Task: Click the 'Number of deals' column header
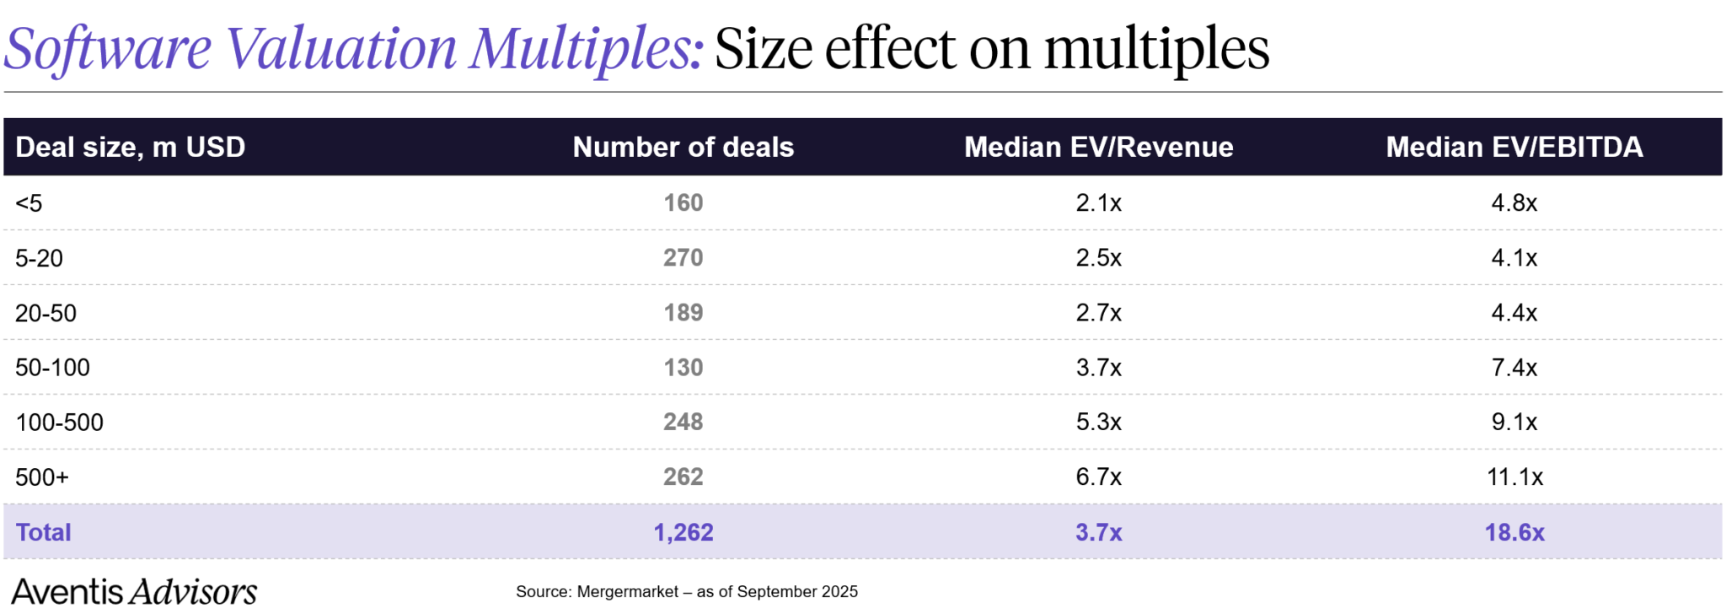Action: [x=683, y=147]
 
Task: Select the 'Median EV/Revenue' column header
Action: [x=1098, y=147]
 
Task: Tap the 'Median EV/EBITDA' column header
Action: [x=1514, y=147]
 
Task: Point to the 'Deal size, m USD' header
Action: [x=130, y=147]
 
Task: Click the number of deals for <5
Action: [x=683, y=202]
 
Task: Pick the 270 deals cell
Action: [x=683, y=257]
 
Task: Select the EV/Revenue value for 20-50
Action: [x=1098, y=313]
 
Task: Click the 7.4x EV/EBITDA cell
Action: [x=1514, y=368]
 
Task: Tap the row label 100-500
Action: [x=59, y=423]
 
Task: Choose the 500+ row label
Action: [x=41, y=477]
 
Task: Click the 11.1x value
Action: [x=1514, y=477]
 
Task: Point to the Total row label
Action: [x=43, y=532]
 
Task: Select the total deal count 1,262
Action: [x=683, y=532]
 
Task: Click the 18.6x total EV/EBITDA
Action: [x=1514, y=532]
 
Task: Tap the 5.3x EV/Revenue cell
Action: [x=1098, y=423]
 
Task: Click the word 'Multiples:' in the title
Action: [x=586, y=49]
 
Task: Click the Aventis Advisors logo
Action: [x=134, y=591]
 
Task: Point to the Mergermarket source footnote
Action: [x=686, y=591]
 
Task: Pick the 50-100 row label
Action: [x=52, y=368]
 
